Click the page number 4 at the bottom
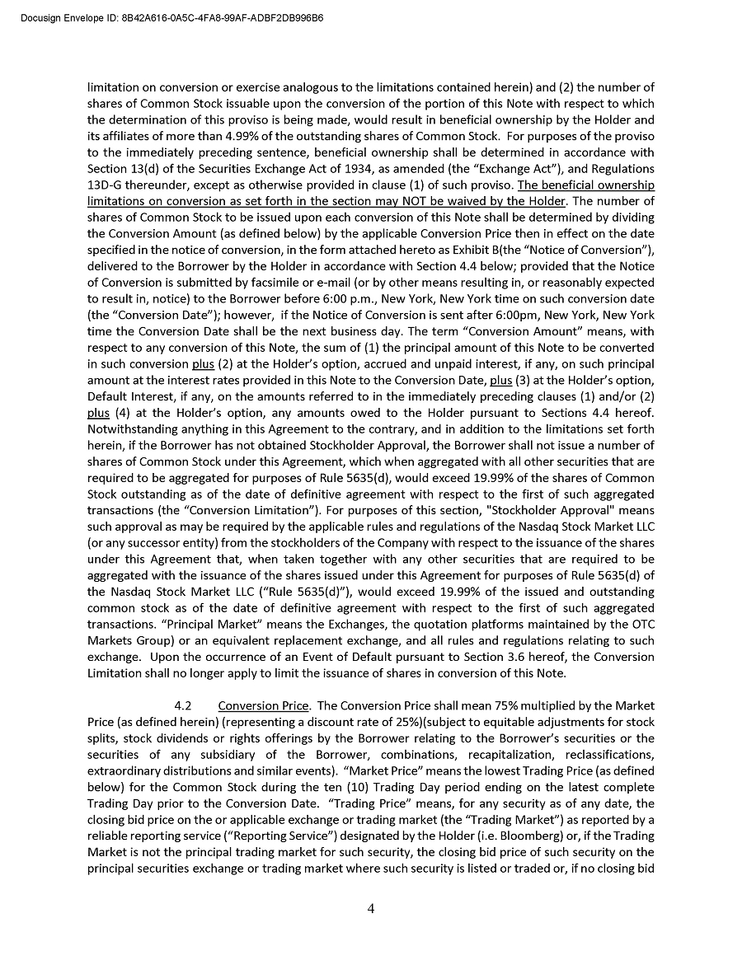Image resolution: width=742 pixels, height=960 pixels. click(x=371, y=909)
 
